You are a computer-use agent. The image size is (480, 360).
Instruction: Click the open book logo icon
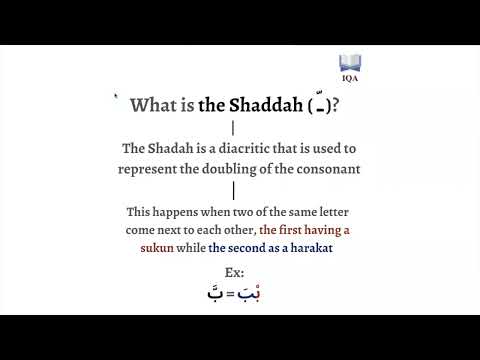point(350,62)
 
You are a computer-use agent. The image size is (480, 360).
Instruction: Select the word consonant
point(326,168)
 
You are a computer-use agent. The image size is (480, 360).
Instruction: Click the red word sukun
point(156,248)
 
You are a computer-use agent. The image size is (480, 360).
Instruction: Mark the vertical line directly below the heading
point(233,127)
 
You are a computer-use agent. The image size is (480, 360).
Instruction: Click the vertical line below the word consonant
point(233,190)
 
